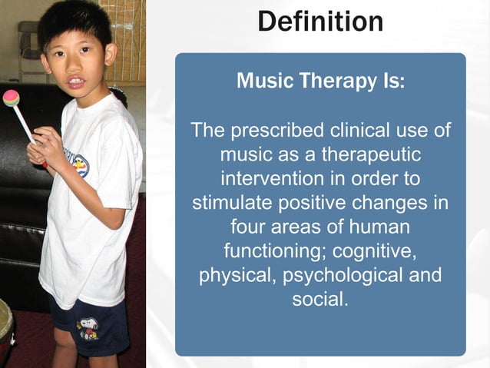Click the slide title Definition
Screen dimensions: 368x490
320,21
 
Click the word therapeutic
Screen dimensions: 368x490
370,154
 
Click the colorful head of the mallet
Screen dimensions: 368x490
12,98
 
